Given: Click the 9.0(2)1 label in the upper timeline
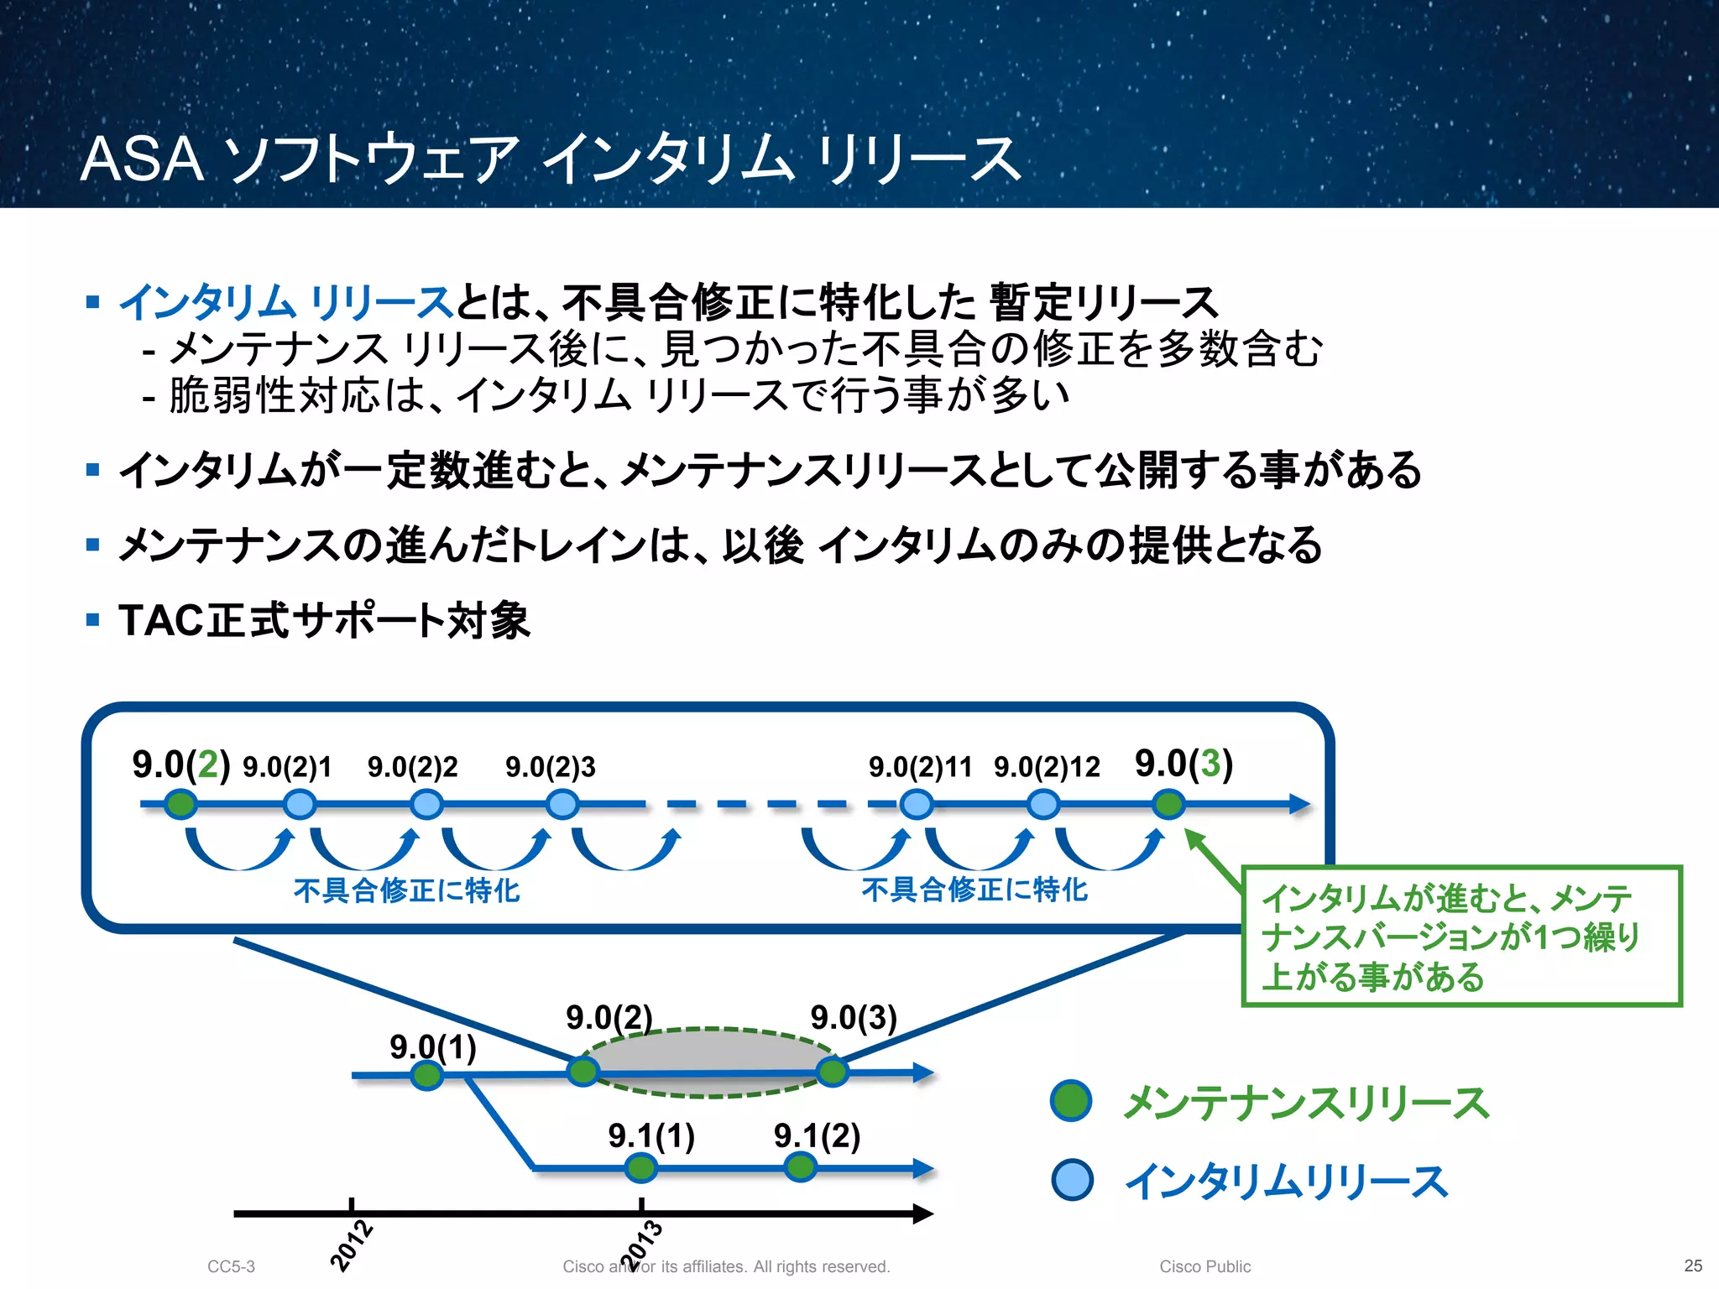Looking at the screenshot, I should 287,766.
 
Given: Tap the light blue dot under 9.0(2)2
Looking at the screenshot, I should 426,804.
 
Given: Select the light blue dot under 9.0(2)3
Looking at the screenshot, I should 562,804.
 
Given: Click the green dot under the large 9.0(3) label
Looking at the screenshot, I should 1168,804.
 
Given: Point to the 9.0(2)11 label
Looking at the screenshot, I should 919,766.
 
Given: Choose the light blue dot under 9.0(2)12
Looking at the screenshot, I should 1043,804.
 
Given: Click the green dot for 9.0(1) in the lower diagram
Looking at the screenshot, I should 426,1075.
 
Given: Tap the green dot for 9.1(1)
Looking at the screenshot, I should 641,1167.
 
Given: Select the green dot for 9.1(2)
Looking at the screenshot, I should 800,1166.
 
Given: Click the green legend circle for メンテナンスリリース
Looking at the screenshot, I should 1071,1101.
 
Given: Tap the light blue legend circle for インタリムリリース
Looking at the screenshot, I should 1072,1179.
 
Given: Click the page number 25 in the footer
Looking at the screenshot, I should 1693,1266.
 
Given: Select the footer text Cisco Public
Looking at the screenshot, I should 1204,1266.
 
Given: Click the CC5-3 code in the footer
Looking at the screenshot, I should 231,1266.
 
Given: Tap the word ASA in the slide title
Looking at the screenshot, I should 142,159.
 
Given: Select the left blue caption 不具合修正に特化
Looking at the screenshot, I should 406,890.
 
